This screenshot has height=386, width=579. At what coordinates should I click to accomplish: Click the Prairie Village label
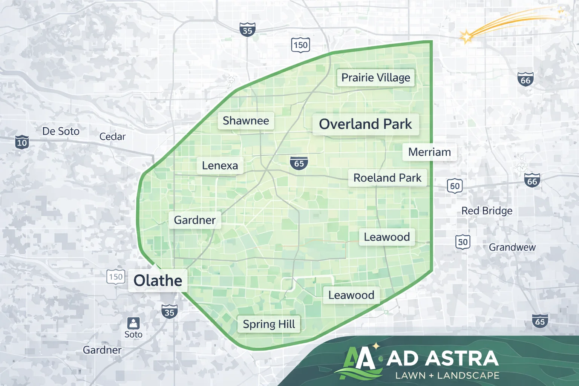[375, 78]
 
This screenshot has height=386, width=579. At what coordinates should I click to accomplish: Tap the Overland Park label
[365, 124]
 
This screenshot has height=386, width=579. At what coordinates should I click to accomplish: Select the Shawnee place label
[246, 121]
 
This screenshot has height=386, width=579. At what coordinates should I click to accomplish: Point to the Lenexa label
[220, 165]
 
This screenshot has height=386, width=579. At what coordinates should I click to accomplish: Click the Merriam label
[429, 152]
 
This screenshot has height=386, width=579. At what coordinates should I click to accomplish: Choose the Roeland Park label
[387, 178]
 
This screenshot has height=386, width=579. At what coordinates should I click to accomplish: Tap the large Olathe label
[158, 280]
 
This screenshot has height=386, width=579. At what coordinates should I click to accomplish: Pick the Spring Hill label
[269, 324]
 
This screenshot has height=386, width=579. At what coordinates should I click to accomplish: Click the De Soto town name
[61, 131]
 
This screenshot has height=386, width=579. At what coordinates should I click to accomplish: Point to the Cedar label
[112, 136]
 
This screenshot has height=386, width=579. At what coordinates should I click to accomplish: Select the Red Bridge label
[487, 211]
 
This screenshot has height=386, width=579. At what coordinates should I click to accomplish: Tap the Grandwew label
[512, 247]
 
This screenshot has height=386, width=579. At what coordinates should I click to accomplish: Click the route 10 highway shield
[22, 142]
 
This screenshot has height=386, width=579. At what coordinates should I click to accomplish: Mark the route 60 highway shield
[455, 186]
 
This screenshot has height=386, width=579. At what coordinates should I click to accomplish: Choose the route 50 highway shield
[463, 242]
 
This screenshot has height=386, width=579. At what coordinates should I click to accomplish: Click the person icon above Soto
[133, 323]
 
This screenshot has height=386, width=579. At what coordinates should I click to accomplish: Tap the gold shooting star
[467, 37]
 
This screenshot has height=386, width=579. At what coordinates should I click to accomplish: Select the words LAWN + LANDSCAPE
[447, 375]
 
